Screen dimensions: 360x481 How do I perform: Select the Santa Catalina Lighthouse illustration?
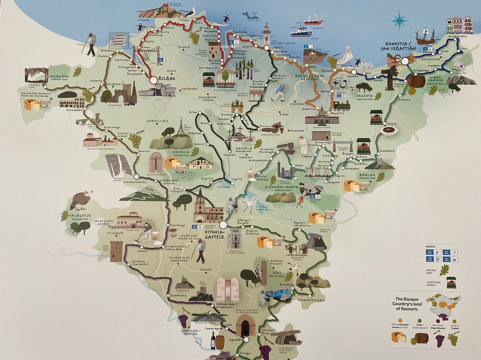[266, 34]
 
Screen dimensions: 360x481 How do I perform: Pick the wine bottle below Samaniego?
[213, 341]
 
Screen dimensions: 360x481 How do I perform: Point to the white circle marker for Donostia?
[405, 61]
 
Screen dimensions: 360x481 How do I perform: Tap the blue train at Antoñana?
[279, 294]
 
